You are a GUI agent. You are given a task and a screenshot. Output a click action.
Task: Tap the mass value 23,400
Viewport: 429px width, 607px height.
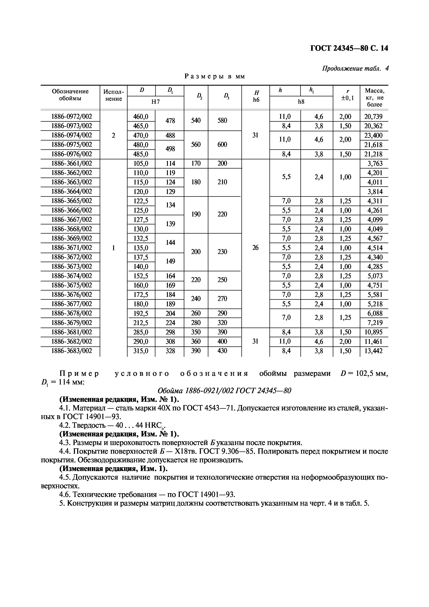[x=373, y=135]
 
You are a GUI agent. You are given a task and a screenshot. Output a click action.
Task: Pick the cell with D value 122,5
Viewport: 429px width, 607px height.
[x=141, y=201]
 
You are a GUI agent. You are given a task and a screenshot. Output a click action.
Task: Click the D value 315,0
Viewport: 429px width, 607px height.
[x=141, y=351]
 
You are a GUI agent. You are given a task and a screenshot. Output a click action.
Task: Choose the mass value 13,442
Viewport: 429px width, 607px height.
[x=373, y=351]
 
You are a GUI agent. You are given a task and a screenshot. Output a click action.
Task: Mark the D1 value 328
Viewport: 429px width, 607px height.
[x=170, y=351]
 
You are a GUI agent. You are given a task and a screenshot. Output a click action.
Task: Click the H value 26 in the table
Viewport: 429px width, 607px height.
[x=255, y=248]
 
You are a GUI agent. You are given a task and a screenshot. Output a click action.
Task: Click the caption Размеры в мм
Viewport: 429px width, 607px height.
[x=215, y=76]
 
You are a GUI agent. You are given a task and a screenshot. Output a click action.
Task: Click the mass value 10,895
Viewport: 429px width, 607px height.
[x=373, y=332]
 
